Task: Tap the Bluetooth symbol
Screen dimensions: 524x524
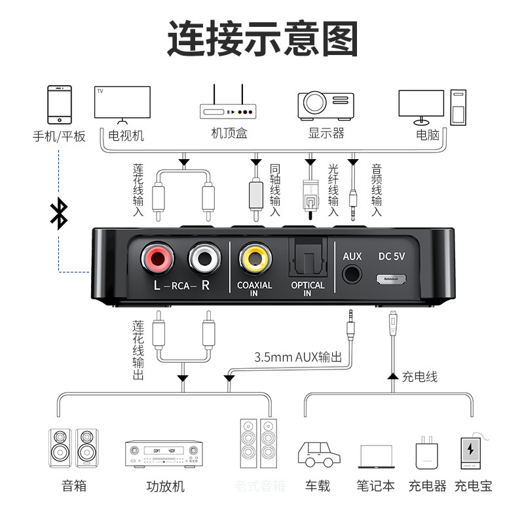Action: coord(60,214)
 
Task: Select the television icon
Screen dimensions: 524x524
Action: coord(122,103)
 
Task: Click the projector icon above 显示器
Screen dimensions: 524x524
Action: coord(326,104)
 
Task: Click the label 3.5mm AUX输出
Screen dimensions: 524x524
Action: coord(299,357)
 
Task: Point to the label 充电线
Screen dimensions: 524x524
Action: coord(420,377)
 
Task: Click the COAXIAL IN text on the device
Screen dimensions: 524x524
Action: coord(255,289)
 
